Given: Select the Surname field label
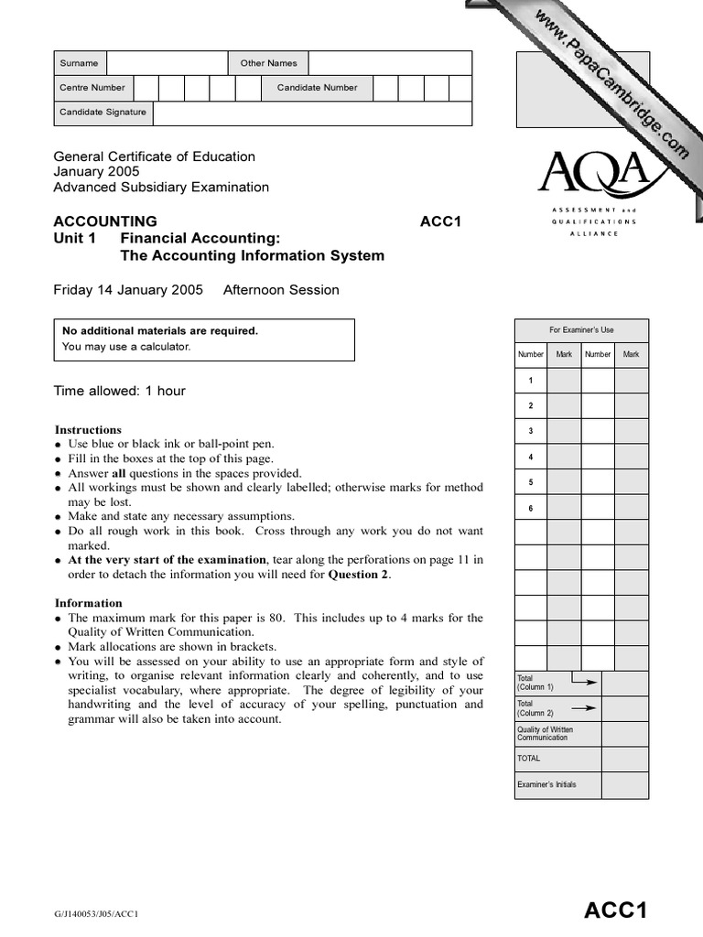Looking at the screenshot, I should tap(79, 63).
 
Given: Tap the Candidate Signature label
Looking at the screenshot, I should tap(103, 113).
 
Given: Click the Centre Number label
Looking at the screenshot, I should tap(92, 88).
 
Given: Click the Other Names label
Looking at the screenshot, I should tap(268, 63).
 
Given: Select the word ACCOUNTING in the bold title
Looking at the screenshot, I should tap(105, 221).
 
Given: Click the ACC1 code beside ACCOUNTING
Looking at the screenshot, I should tap(440, 221).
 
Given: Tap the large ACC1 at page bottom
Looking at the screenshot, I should tap(616, 910).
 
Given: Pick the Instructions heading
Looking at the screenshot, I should tap(88, 429).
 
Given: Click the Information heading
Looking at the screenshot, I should tap(89, 603).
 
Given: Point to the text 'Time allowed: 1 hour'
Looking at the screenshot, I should tap(120, 391).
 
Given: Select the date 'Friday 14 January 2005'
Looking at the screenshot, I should tap(128, 290).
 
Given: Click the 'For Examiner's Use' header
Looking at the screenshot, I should tap(581, 329).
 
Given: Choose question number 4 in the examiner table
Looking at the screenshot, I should tap(531, 457).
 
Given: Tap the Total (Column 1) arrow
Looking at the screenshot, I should tap(583, 682).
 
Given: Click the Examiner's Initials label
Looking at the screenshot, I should tap(546, 784).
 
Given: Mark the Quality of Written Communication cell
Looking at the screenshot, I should tap(546, 733).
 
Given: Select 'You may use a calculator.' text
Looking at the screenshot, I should tap(125, 347).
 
